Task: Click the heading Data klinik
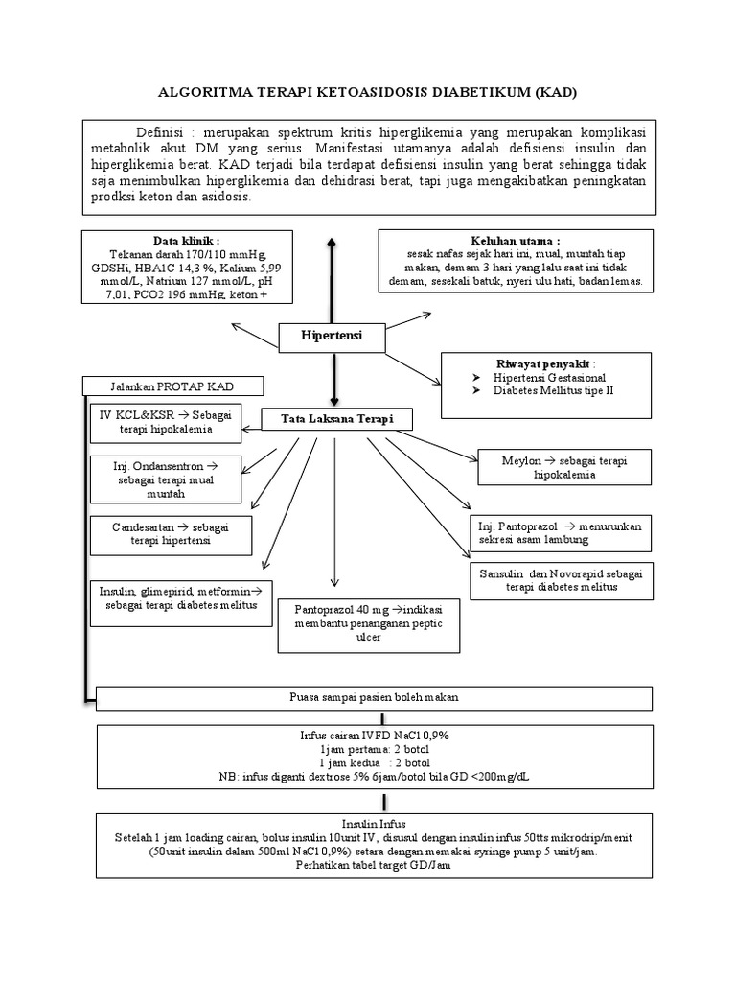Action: pyautogui.click(x=186, y=240)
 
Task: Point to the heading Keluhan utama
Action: pyautogui.click(x=516, y=240)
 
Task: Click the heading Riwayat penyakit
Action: pyautogui.click(x=545, y=364)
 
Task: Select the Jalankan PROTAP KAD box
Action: pyautogui.click(x=172, y=386)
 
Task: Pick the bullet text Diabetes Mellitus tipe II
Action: pyautogui.click(x=551, y=392)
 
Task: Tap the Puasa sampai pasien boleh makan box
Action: pyautogui.click(x=373, y=697)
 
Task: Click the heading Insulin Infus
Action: pyautogui.click(x=374, y=823)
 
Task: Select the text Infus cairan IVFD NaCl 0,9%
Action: pyautogui.click(x=374, y=734)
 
